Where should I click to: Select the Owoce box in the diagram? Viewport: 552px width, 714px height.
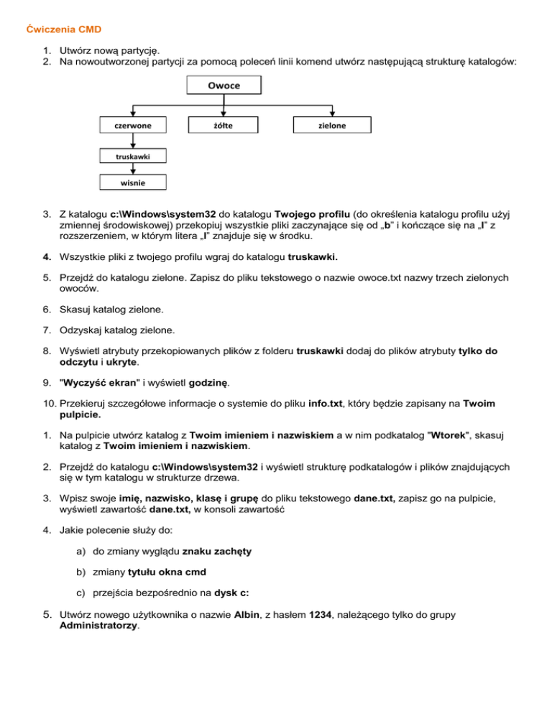[x=224, y=85]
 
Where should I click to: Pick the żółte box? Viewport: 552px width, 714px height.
[x=224, y=124]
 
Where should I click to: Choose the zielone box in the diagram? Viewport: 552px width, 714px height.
[x=333, y=124]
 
